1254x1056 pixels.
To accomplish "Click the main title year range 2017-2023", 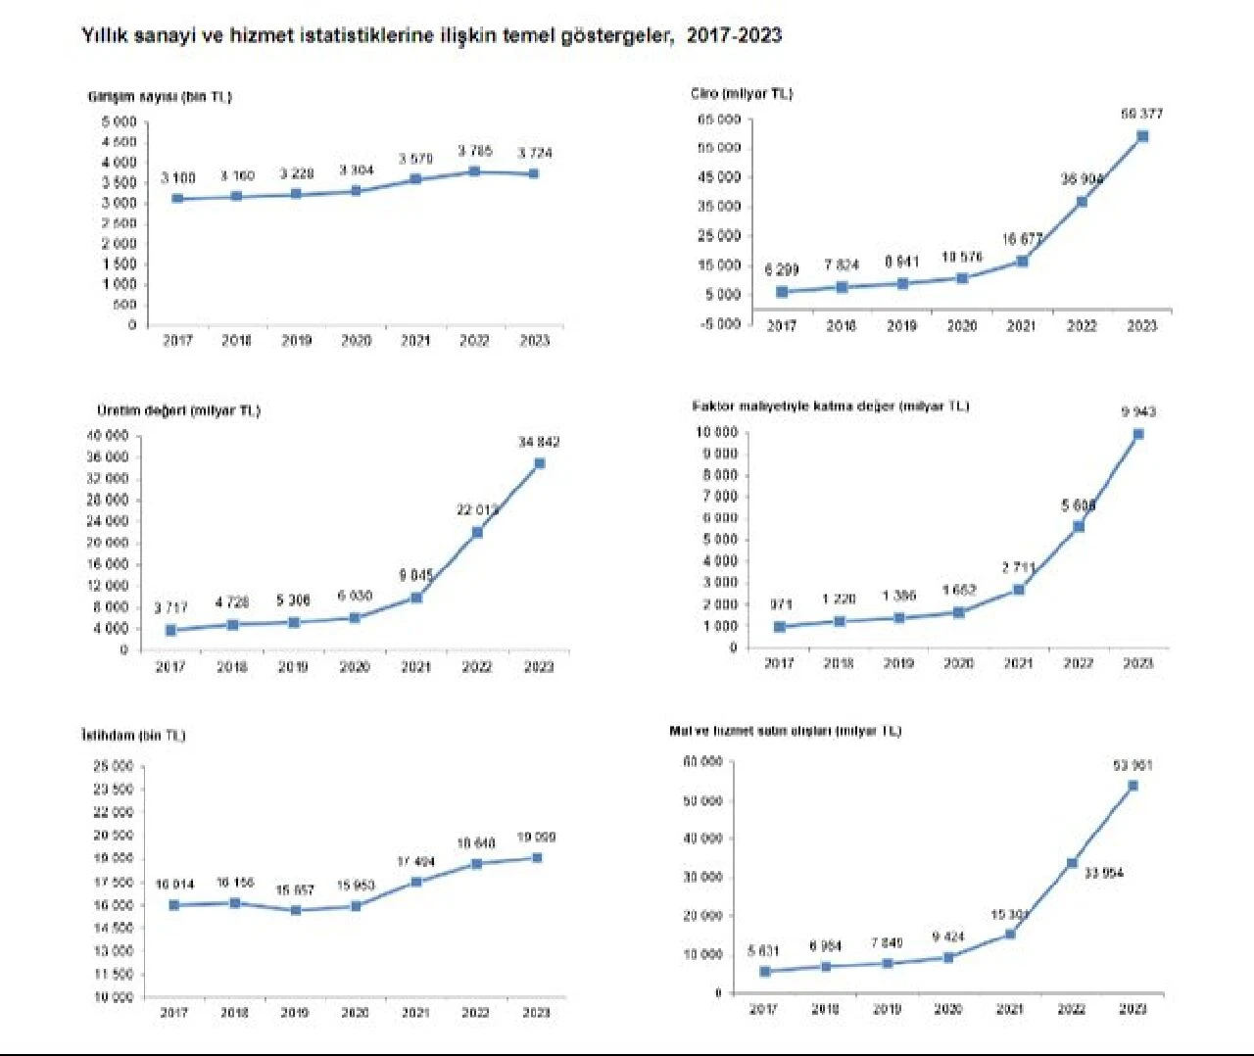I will pyautogui.click(x=734, y=36).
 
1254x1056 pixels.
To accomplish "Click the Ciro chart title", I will pyautogui.click(x=741, y=94).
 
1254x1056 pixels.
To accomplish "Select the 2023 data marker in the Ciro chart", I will pyautogui.click(x=1142, y=136).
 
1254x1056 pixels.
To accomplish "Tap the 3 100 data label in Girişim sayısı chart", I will pyautogui.click(x=178, y=177).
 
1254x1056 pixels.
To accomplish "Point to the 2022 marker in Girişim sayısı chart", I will pyautogui.click(x=475, y=171).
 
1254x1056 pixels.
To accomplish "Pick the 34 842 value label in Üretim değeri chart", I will pyautogui.click(x=539, y=443).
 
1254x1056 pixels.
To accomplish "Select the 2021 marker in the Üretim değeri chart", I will pyautogui.click(x=416, y=597).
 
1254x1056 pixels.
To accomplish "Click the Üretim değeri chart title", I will pyautogui.click(x=178, y=410).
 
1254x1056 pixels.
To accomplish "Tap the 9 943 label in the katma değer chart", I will pyautogui.click(x=1138, y=412).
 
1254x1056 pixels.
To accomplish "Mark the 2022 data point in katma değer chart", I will pyautogui.click(x=1079, y=526).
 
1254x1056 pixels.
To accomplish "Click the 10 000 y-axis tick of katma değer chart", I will pyautogui.click(x=716, y=432).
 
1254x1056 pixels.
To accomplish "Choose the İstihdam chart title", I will pyautogui.click(x=133, y=736).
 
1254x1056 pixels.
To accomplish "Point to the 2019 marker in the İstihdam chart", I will pyautogui.click(x=296, y=910).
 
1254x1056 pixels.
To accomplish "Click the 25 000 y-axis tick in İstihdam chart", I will pyautogui.click(x=114, y=766).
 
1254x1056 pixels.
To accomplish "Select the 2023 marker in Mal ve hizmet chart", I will pyautogui.click(x=1133, y=786).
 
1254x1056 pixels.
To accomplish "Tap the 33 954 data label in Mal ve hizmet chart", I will pyautogui.click(x=1104, y=873).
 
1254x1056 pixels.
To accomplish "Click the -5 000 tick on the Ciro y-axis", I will pyautogui.click(x=720, y=323).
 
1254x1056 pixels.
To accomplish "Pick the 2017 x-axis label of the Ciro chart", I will pyautogui.click(x=782, y=326).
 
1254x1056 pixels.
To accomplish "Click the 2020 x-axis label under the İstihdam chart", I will pyautogui.click(x=355, y=1013).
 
